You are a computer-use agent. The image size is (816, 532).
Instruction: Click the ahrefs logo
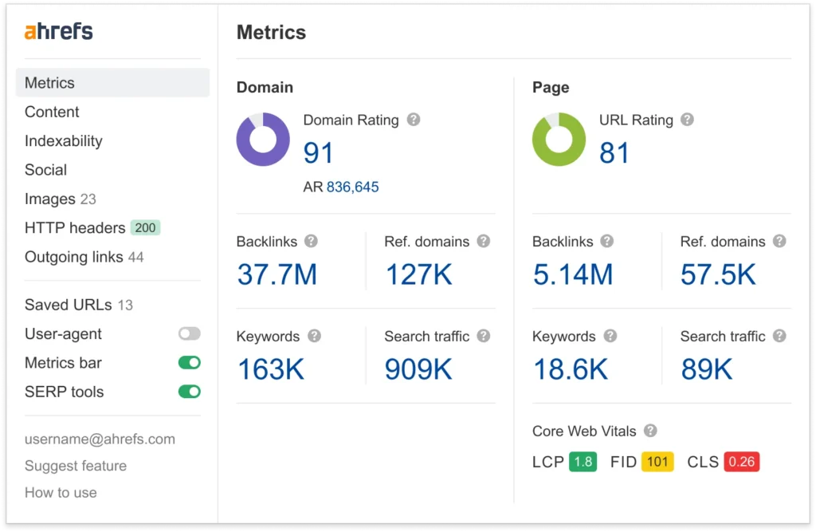point(58,32)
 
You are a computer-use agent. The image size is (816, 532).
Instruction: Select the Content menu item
point(52,112)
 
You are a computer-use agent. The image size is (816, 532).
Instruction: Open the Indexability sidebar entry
point(63,141)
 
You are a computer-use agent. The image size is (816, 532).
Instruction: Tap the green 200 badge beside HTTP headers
point(145,228)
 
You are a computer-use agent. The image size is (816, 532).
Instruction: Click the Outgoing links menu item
point(74,257)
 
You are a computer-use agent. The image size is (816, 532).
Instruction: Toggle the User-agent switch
point(190,334)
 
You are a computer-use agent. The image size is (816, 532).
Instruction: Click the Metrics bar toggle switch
point(190,363)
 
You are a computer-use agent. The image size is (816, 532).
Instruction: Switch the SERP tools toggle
point(190,392)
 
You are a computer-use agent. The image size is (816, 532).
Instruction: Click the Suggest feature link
point(76,466)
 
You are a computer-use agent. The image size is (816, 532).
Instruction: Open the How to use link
point(61,492)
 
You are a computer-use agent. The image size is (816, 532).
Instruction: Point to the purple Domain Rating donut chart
point(263,140)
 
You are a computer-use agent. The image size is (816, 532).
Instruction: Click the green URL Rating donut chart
point(559,140)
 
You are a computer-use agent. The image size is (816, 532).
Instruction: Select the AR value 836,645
point(352,187)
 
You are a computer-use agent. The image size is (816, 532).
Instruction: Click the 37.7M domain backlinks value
point(277,275)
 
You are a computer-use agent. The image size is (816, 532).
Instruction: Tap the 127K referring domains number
point(418,275)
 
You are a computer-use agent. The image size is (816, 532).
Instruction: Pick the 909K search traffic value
point(418,369)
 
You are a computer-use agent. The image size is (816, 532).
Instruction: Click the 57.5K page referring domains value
point(718,275)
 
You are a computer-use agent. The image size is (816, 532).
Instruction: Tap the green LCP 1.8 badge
point(583,462)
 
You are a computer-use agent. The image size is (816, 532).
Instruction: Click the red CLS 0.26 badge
point(741,462)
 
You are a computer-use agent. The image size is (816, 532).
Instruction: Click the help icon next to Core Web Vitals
point(650,431)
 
